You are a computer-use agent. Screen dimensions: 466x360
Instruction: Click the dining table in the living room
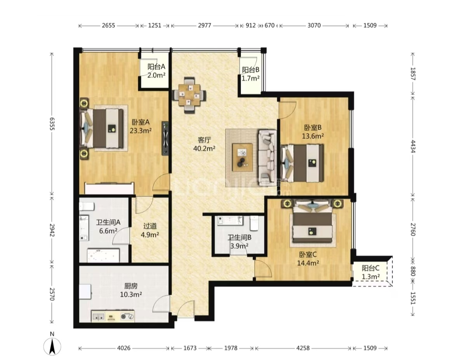point(190,95)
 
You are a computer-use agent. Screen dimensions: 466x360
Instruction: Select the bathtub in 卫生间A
point(103,256)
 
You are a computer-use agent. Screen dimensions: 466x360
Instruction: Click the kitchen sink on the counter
point(98,316)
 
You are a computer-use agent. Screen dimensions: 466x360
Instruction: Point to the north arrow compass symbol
point(52,346)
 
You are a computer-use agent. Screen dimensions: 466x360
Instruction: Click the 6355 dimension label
point(52,124)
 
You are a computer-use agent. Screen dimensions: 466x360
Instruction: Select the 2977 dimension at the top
point(204,26)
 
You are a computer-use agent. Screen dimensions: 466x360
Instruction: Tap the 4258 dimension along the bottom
point(303,348)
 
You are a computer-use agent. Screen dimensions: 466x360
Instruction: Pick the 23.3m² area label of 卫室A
point(141,130)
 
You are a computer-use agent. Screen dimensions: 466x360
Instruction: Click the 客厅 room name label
point(204,140)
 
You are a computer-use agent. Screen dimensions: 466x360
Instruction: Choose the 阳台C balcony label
point(370,268)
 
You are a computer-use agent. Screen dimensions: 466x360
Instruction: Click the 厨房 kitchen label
point(131,286)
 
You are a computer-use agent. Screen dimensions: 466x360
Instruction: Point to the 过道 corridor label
point(150,226)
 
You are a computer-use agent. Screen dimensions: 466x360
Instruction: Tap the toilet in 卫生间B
point(254,223)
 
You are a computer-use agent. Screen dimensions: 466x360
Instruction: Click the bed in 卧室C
point(313,223)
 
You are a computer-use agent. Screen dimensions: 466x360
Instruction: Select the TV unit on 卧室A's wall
point(165,138)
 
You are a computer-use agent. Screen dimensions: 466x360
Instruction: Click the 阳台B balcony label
point(251,70)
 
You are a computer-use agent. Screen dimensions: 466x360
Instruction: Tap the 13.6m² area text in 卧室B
point(313,136)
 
